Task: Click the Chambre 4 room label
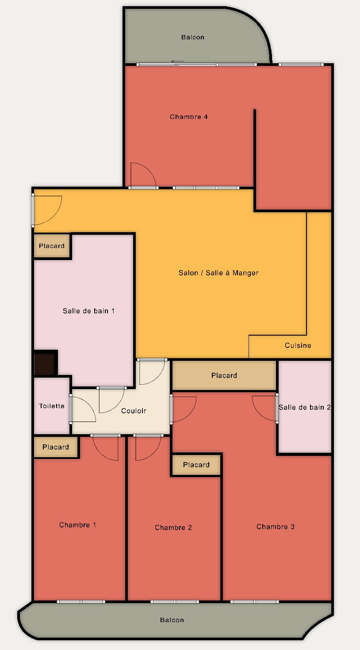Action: click(x=189, y=117)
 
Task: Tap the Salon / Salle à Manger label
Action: click(x=218, y=273)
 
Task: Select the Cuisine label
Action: click(x=298, y=345)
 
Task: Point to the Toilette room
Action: click(x=52, y=406)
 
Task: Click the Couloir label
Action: click(x=134, y=411)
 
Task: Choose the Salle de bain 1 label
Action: click(x=88, y=311)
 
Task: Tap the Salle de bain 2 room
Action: click(x=305, y=407)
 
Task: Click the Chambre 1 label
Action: click(x=77, y=525)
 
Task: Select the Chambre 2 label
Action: click(x=173, y=528)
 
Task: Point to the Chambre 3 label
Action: click(x=275, y=527)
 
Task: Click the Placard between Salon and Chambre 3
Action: click(x=224, y=375)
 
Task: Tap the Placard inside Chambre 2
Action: click(x=196, y=465)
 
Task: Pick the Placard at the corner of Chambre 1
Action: click(x=56, y=447)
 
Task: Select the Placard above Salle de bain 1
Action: click(x=52, y=246)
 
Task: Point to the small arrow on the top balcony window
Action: click(x=177, y=61)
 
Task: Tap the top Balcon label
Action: click(x=193, y=37)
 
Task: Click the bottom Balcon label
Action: click(x=172, y=620)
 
